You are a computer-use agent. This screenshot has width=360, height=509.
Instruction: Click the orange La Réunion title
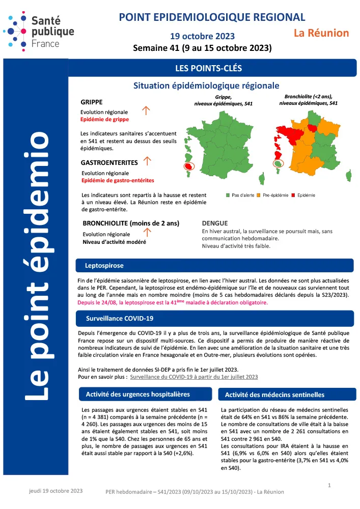click(x=321, y=33)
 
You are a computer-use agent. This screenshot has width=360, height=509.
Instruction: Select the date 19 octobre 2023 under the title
click(x=202, y=36)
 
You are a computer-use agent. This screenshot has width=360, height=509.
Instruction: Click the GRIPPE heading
click(x=92, y=102)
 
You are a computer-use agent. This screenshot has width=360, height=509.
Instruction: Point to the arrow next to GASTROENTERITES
click(x=147, y=161)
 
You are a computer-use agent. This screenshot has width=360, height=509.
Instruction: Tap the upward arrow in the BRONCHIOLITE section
click(x=147, y=233)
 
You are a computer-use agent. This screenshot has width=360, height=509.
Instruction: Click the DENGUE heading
click(x=215, y=223)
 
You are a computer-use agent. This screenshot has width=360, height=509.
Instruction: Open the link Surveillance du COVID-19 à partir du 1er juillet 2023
click(x=194, y=377)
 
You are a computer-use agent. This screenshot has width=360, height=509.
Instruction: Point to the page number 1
click(x=329, y=486)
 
